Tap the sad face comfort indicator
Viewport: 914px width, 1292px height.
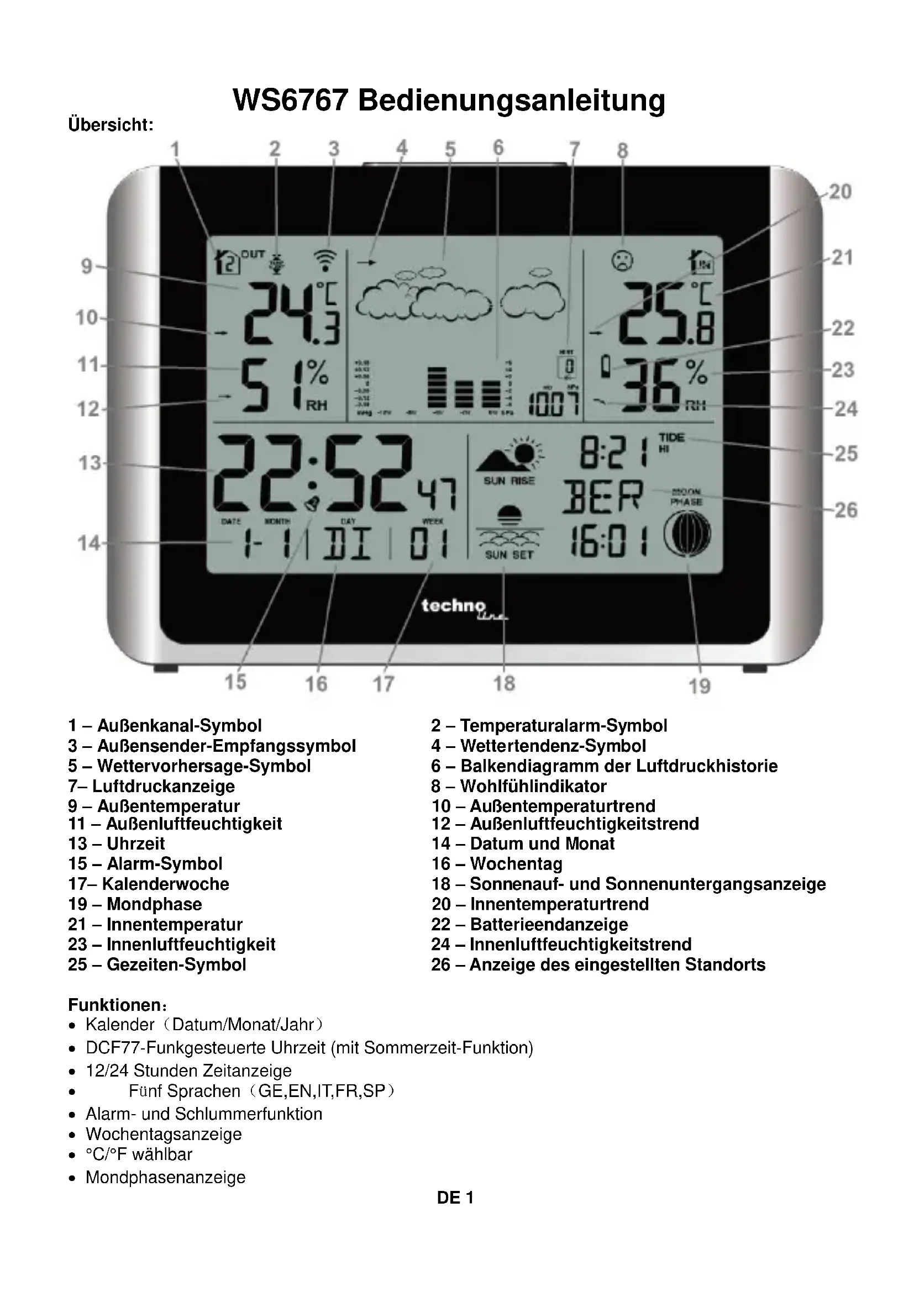tap(622, 261)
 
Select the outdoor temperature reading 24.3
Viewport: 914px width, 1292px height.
tap(293, 313)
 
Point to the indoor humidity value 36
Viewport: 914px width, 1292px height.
tap(653, 388)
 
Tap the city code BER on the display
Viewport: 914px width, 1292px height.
tap(603, 497)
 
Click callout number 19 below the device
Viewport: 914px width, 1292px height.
tap(700, 686)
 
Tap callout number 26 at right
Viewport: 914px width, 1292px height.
tap(845, 510)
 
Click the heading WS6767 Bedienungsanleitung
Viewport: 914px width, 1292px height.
tap(449, 100)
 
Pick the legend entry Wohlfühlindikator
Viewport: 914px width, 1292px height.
tap(532, 786)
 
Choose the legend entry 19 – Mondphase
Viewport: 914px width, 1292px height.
tap(134, 904)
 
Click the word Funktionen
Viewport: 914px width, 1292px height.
tap(115, 1005)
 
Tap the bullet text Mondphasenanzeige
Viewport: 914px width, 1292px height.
tap(165, 1177)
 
